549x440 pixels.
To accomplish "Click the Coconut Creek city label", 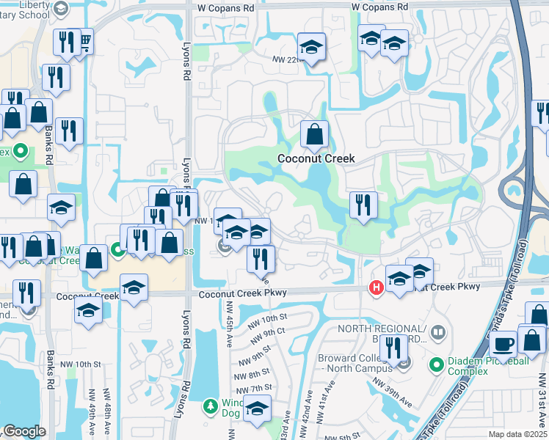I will (316, 158).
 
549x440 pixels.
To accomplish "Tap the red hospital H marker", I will (376, 287).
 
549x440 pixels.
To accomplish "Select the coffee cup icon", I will (504, 342).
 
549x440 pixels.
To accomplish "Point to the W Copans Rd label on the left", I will (226, 7).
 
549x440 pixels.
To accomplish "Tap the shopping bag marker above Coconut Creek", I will (314, 134).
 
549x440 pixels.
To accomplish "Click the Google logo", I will (24, 431).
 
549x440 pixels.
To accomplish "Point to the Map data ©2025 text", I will (517, 434).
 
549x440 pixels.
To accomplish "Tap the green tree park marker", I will (211, 405).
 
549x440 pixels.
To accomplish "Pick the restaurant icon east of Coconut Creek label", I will (363, 205).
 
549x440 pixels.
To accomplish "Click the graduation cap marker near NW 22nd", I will (312, 47).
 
